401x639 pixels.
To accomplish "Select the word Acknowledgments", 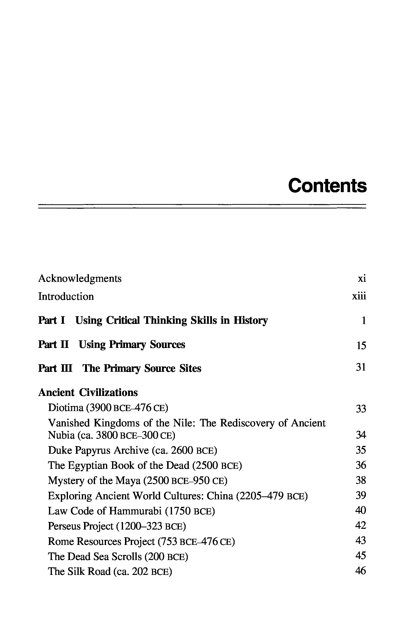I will pos(80,279).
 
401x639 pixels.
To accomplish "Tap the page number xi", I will pos(362,279).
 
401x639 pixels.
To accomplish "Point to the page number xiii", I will pos(359,296).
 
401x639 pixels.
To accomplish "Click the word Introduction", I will pos(66,296).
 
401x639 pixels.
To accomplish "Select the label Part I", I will pos(52,320).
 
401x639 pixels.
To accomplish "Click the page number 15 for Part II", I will pos(361,345).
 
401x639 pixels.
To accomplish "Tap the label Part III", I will pos(55,368).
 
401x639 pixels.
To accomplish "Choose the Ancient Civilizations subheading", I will pos(88,393).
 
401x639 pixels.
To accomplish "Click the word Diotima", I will pos(66,408).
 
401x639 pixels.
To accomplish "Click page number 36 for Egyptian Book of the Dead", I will pos(361,465).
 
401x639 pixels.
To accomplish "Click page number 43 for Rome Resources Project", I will pos(361,541).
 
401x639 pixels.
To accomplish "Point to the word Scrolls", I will pos(127,556).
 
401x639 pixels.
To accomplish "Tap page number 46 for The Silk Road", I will pos(361,570).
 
